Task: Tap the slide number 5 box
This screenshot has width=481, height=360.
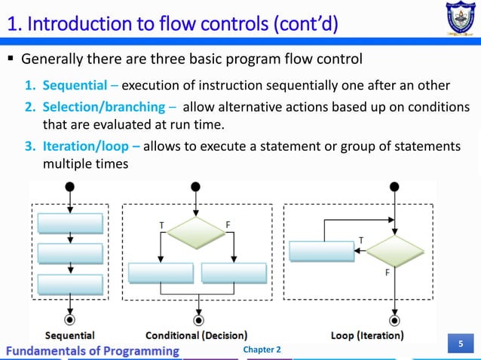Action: [x=460, y=345]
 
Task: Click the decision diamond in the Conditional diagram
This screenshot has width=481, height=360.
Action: [x=197, y=232]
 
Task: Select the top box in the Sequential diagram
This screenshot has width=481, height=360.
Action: [x=70, y=224]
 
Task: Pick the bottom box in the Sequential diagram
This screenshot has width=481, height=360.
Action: [x=70, y=284]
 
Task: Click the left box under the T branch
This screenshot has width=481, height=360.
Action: [x=161, y=273]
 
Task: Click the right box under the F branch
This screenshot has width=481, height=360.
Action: [x=234, y=273]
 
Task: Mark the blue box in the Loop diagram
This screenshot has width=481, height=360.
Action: [x=322, y=251]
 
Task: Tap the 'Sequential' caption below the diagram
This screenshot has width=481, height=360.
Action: [x=70, y=334]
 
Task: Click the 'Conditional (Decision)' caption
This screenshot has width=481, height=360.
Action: [x=197, y=334]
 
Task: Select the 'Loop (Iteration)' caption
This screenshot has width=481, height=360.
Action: [x=367, y=334]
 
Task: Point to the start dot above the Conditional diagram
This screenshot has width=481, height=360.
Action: [x=197, y=187]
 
